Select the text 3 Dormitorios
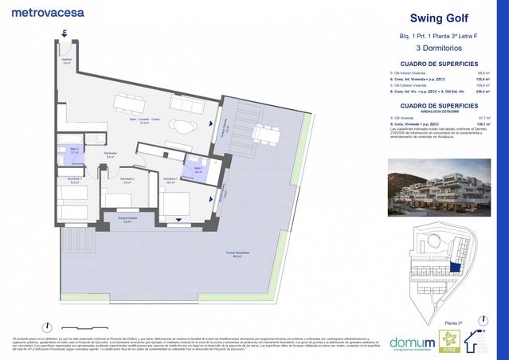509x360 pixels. [437, 49]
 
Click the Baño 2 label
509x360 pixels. [73, 151]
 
